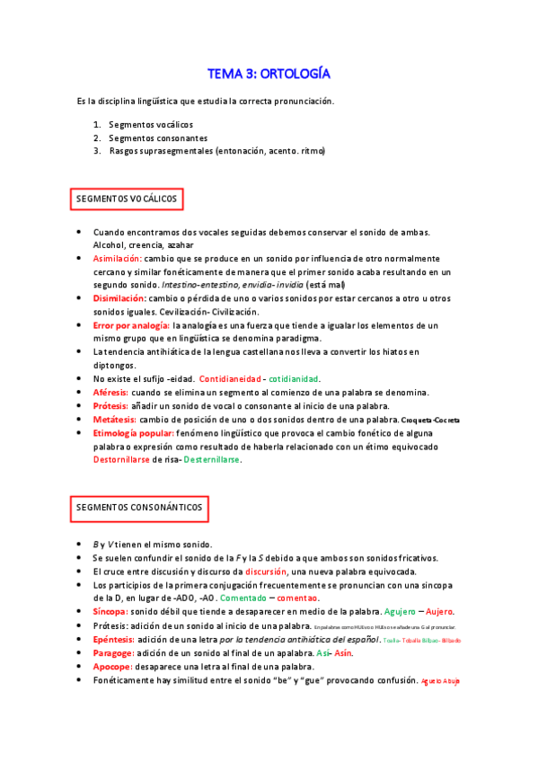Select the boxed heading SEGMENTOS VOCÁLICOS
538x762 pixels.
click(127, 198)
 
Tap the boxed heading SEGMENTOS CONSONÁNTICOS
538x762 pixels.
click(139, 509)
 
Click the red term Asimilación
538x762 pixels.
click(118, 258)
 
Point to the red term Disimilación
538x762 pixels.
click(119, 297)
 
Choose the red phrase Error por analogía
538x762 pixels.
click(131, 325)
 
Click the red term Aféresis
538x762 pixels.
click(111, 393)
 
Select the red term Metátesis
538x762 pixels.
click(114, 420)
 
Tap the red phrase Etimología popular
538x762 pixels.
click(134, 432)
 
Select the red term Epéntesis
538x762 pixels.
click(115, 639)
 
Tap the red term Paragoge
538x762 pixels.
click(114, 653)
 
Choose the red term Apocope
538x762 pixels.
click(113, 667)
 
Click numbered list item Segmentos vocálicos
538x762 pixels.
click(150, 124)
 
